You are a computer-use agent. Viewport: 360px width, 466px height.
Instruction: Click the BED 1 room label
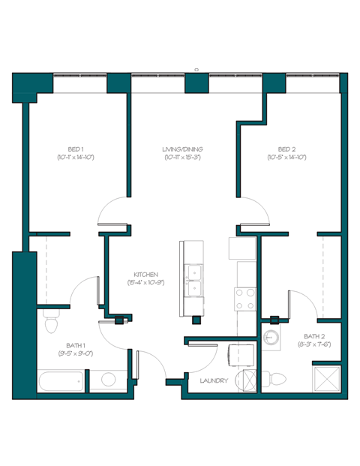click(75, 149)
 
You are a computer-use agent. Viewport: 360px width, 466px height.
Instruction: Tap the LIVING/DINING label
click(182, 149)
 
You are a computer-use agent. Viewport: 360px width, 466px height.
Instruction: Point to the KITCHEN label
click(145, 274)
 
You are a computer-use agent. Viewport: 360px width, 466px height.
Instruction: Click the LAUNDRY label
click(214, 380)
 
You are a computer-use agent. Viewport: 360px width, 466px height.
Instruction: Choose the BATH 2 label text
click(314, 336)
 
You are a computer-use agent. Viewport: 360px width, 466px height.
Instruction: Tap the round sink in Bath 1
click(107, 380)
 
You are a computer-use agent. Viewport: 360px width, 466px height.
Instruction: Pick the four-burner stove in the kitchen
click(247, 299)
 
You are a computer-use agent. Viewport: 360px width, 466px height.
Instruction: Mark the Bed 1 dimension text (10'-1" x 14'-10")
click(75, 158)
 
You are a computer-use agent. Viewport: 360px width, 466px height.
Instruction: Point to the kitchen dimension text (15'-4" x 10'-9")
click(145, 282)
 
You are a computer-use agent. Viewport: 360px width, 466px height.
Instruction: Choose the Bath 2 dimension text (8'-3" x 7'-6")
click(314, 344)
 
